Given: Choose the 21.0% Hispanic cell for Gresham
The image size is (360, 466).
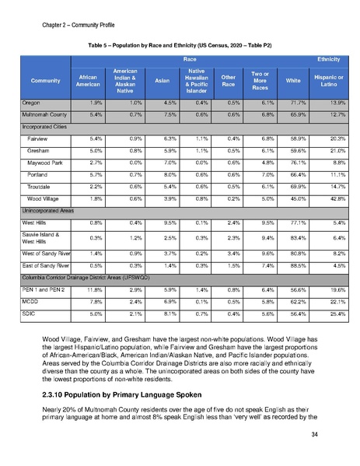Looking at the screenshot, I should (x=325, y=150).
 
